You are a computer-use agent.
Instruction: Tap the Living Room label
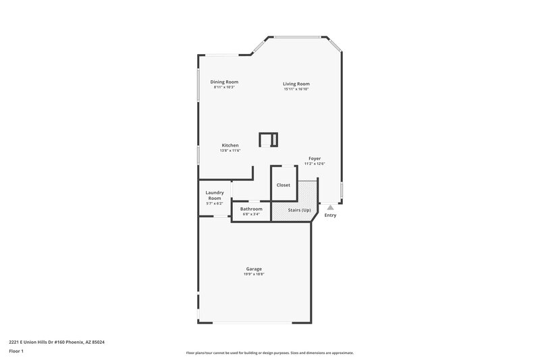(x=296, y=84)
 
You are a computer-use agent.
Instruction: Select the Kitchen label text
(x=230, y=145)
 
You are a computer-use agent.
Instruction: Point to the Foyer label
(x=315, y=158)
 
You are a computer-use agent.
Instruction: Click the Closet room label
(x=283, y=184)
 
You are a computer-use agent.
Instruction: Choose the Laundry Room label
(x=214, y=195)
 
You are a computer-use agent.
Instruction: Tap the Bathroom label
(x=251, y=209)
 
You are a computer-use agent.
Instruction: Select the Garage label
(x=254, y=269)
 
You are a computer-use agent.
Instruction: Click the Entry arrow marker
(x=330, y=207)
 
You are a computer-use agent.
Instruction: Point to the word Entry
(x=330, y=215)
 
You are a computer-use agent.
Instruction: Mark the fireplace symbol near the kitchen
(x=269, y=140)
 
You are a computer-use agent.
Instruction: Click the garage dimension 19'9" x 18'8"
(x=254, y=274)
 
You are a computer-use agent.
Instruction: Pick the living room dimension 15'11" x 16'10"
(x=296, y=89)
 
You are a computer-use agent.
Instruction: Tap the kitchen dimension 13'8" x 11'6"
(x=230, y=151)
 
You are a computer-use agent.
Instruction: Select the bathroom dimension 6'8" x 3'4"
(x=251, y=214)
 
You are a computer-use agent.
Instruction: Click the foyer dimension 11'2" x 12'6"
(x=315, y=163)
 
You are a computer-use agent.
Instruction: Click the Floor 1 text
(x=16, y=351)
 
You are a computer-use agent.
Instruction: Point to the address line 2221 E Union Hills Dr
(x=57, y=342)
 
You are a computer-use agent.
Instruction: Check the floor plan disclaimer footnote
(x=270, y=353)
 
